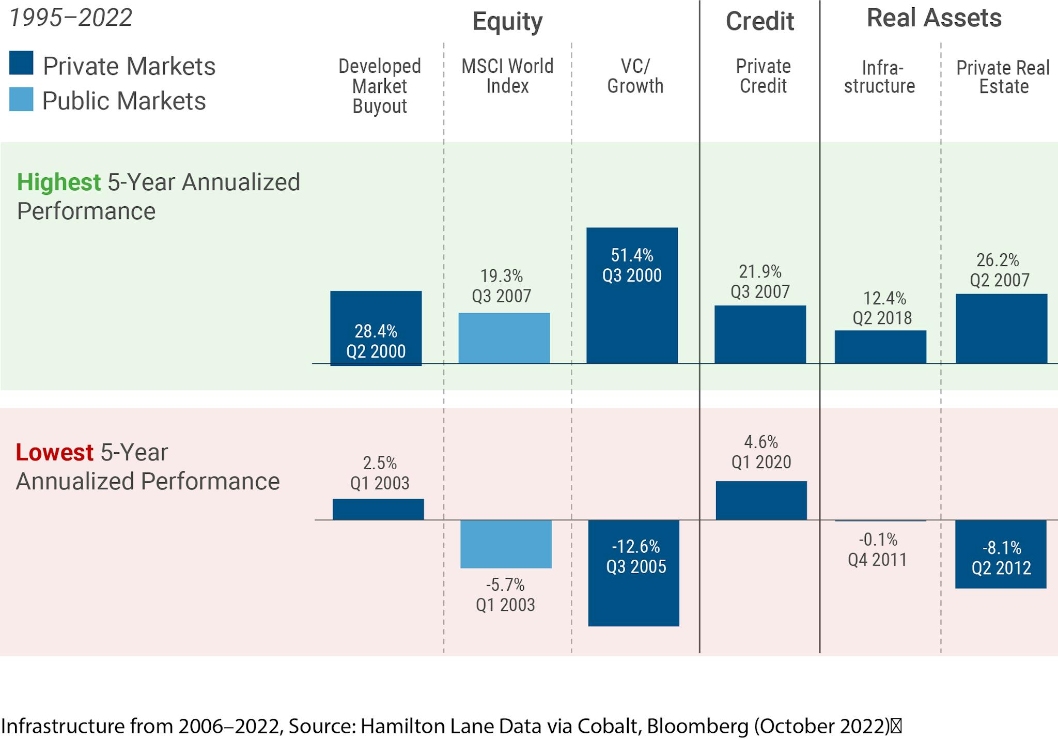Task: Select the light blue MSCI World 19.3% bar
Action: (x=504, y=338)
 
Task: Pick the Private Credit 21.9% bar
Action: (x=760, y=334)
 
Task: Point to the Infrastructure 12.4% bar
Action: (x=880, y=347)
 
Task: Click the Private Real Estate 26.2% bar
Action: (x=1001, y=329)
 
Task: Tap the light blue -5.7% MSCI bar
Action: (x=506, y=544)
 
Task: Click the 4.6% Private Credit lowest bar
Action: (x=761, y=500)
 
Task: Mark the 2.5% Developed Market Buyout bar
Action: (x=378, y=509)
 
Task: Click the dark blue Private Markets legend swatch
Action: (x=21, y=63)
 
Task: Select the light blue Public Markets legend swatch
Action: (x=21, y=99)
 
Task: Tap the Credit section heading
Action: (x=759, y=21)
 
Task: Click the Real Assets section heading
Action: (x=934, y=18)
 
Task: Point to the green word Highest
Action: (x=59, y=182)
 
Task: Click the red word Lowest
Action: (x=54, y=452)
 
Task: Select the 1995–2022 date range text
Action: (x=71, y=18)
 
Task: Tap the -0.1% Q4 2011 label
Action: (x=878, y=549)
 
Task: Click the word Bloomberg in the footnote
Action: (x=697, y=726)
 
